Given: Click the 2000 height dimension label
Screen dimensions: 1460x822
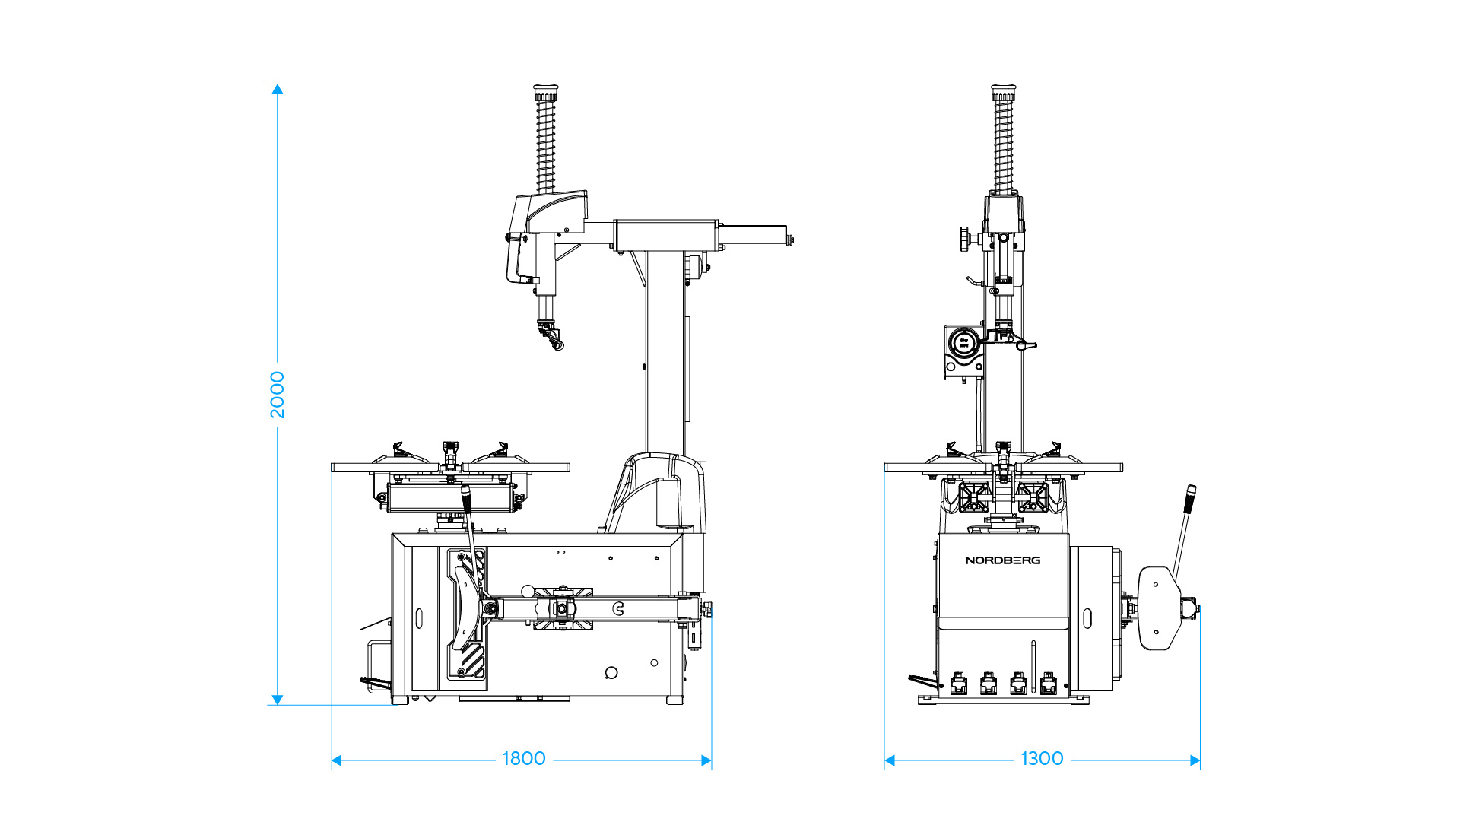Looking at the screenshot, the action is point(278,395).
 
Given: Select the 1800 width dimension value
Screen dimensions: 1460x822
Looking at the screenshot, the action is point(524,759).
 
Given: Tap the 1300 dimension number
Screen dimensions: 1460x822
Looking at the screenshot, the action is point(1042,759).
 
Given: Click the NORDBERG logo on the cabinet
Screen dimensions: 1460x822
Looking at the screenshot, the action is point(1003,560).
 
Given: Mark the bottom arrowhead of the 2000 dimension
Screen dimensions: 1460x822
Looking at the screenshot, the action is point(278,700).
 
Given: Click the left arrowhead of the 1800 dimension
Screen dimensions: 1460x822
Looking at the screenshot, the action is point(337,760).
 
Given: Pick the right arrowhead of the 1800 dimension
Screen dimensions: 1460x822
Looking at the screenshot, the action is point(706,760).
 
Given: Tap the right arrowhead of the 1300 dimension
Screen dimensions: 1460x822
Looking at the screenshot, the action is point(1195,760).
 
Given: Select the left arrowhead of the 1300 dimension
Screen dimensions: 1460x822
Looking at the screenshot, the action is point(890,760).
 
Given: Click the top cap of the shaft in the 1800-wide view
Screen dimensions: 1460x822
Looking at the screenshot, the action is point(545,93).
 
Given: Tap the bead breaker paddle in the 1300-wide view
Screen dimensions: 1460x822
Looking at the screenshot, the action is point(1158,608).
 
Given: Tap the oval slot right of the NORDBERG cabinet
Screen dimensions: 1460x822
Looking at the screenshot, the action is point(1087,618).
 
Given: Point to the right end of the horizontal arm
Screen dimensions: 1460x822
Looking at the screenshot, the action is point(791,240).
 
